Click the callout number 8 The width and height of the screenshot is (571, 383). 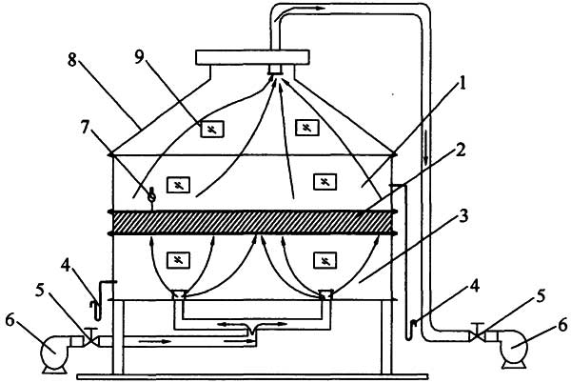pyautogui.click(x=72, y=59)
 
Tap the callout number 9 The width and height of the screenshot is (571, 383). pyautogui.click(x=140, y=57)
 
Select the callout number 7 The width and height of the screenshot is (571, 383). pyautogui.click(x=85, y=128)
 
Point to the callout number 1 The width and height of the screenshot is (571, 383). pyautogui.click(x=462, y=85)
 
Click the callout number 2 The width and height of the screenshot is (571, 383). pyautogui.click(x=461, y=151)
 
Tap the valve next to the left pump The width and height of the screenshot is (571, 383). pyautogui.click(x=90, y=338)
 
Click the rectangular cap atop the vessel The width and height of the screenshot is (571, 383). pyautogui.click(x=252, y=57)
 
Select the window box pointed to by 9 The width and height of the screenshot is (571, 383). pyautogui.click(x=212, y=129)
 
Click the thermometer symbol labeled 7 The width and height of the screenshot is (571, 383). pyautogui.click(x=152, y=197)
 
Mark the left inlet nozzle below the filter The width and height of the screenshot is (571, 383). pyautogui.click(x=179, y=294)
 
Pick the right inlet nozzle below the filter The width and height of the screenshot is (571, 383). pyautogui.click(x=326, y=294)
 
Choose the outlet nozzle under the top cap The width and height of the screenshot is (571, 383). pyautogui.click(x=277, y=70)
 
